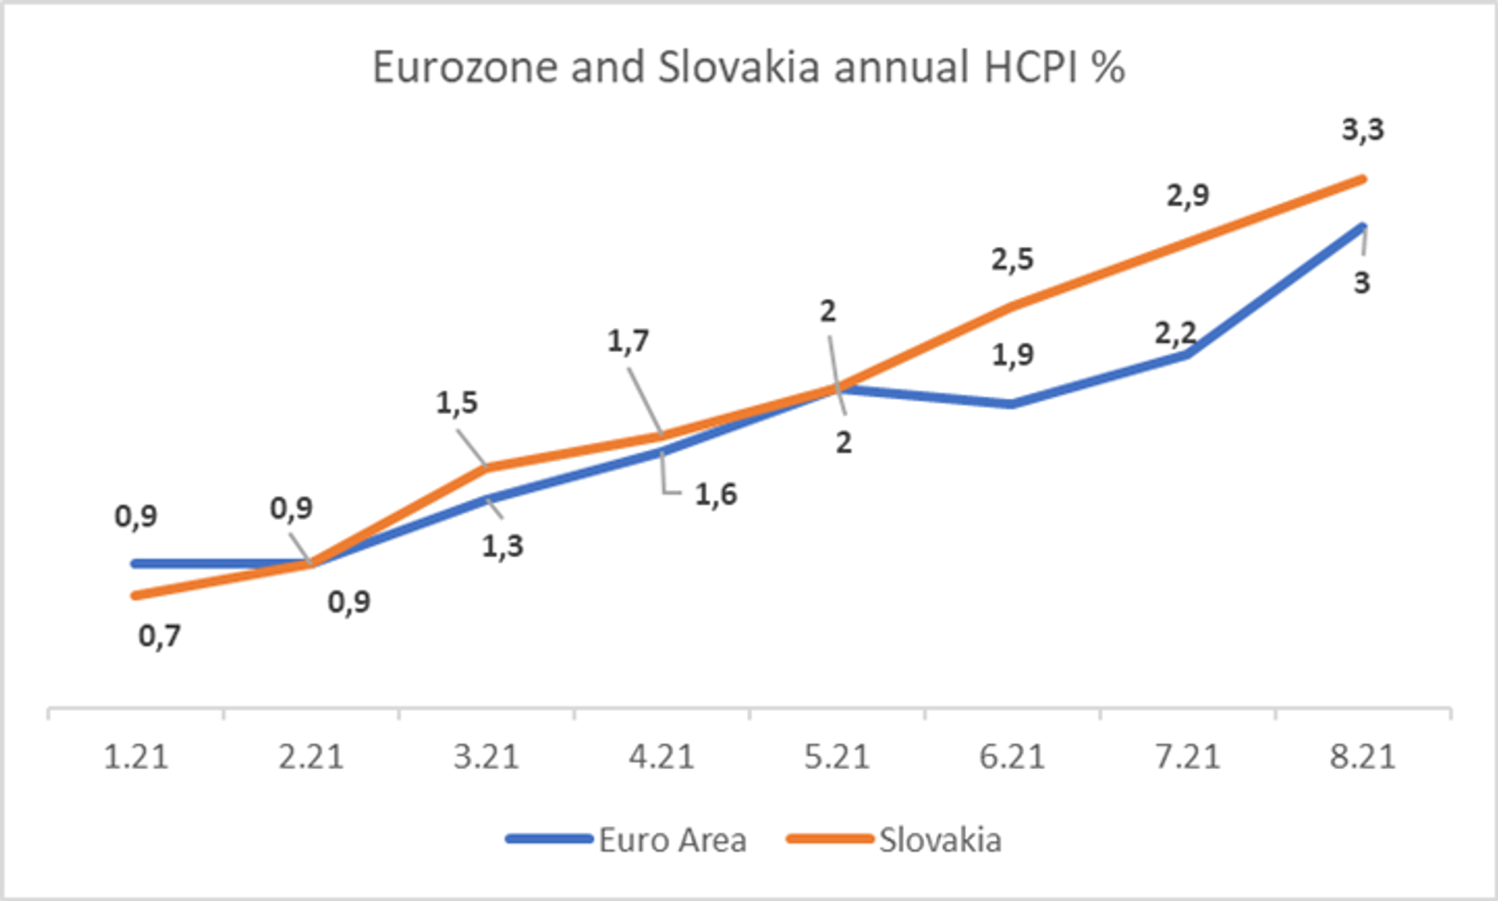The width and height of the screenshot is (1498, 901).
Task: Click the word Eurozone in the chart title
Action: [x=465, y=66]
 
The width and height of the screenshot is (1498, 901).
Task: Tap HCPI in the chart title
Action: [x=1030, y=66]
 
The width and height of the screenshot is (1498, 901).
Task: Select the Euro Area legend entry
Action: [x=626, y=839]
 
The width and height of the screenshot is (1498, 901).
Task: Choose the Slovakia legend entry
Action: [x=894, y=839]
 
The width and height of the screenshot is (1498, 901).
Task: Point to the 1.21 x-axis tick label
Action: [x=137, y=757]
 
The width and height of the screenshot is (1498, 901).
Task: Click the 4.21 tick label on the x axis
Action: [x=661, y=757]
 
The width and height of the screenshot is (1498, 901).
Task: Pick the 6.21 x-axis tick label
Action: [x=1012, y=757]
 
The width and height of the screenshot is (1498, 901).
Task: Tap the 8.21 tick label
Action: [x=1363, y=757]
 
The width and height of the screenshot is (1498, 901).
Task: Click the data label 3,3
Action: [x=1363, y=129]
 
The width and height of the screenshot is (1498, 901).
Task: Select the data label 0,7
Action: [x=160, y=635]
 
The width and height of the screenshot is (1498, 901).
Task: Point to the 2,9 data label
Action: [x=1188, y=196]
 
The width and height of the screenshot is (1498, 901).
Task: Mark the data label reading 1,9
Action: [x=1012, y=355]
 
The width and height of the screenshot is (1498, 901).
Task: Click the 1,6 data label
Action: [x=715, y=495]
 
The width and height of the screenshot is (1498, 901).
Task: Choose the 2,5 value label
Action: [x=1012, y=258]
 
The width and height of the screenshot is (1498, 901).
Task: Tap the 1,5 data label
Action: [x=457, y=403]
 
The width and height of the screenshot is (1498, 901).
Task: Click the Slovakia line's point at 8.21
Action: [x=1363, y=179]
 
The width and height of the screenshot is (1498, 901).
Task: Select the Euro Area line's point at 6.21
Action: [x=1012, y=404]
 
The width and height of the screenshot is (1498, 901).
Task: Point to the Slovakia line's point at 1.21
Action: [x=137, y=596]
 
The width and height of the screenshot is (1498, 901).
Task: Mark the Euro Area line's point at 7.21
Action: [x=1188, y=355]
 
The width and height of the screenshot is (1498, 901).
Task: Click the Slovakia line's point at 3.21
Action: [x=487, y=467]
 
